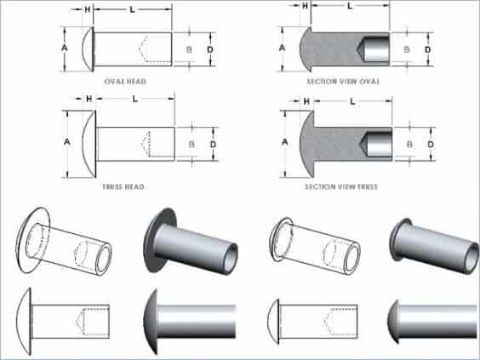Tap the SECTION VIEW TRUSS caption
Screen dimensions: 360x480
(343, 186)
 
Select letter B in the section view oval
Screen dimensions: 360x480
(407, 49)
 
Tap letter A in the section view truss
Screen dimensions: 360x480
(283, 144)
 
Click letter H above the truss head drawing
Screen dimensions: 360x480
(89, 102)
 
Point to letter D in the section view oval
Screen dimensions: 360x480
(431, 49)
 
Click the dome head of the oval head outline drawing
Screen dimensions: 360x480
(87, 49)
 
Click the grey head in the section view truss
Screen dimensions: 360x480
(307, 144)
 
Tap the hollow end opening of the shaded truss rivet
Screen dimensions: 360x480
(228, 254)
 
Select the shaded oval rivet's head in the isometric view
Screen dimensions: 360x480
(399, 239)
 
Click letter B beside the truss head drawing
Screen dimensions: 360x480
(191, 144)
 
